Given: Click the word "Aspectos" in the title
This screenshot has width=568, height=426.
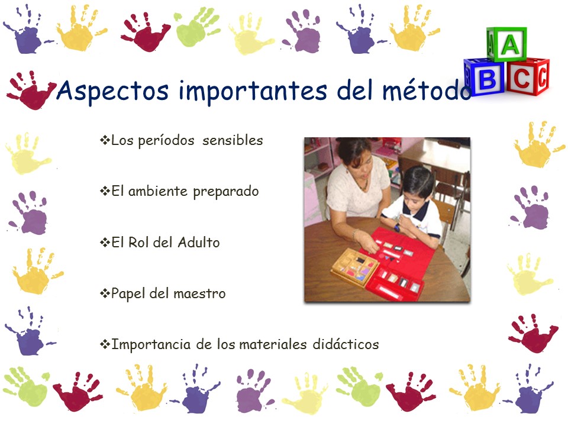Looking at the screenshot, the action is coord(112,91).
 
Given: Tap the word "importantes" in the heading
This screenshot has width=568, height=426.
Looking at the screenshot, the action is coord(253,91).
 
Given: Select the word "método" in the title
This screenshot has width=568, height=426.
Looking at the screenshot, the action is coord(427,90).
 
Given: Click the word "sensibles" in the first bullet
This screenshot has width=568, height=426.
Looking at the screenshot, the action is coord(233,140).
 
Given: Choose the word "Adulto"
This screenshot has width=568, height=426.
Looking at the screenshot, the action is coord(199,242).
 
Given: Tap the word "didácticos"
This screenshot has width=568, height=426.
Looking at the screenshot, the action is coord(346,344).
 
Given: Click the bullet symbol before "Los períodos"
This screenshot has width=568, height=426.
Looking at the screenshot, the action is coord(105,140).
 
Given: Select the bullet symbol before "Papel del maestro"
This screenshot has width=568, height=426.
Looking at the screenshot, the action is coord(105,293).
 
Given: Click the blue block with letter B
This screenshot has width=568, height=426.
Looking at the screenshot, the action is coord(484,77).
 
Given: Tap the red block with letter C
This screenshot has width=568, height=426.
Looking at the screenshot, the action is coord(527,76).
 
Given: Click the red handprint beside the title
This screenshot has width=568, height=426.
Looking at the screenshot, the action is coord(31,90).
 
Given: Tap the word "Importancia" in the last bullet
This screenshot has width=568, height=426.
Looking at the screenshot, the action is coord(151,344).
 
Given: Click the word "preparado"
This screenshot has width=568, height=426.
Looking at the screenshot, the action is coord(225,192).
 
